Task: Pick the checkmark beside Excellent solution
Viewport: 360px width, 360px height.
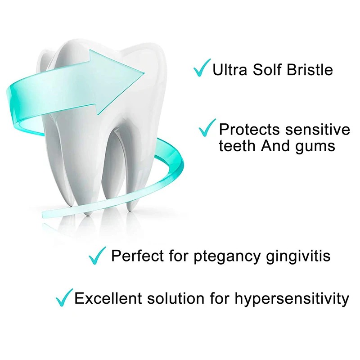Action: pos(63,298)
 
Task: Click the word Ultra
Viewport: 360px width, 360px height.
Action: pos(229,70)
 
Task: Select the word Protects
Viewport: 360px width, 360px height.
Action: pos(249,130)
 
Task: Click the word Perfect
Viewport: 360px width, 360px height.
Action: pos(137,256)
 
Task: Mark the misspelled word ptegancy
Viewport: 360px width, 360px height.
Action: pos(227,257)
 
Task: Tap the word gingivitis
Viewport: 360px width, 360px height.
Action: pos(298,256)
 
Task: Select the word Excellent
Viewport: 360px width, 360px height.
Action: pos(108,298)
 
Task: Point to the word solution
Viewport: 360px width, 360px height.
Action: pos(175,298)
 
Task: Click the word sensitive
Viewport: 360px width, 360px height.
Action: pos(318,130)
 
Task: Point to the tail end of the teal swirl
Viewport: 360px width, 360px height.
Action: pos(43,214)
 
